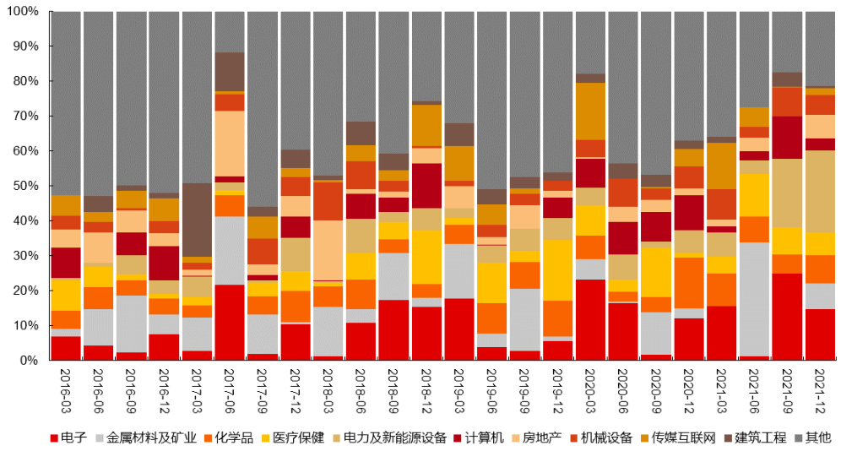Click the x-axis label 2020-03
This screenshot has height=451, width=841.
(591, 389)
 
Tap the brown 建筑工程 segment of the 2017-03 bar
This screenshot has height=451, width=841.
(197, 220)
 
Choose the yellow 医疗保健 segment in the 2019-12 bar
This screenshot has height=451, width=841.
(558, 269)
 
